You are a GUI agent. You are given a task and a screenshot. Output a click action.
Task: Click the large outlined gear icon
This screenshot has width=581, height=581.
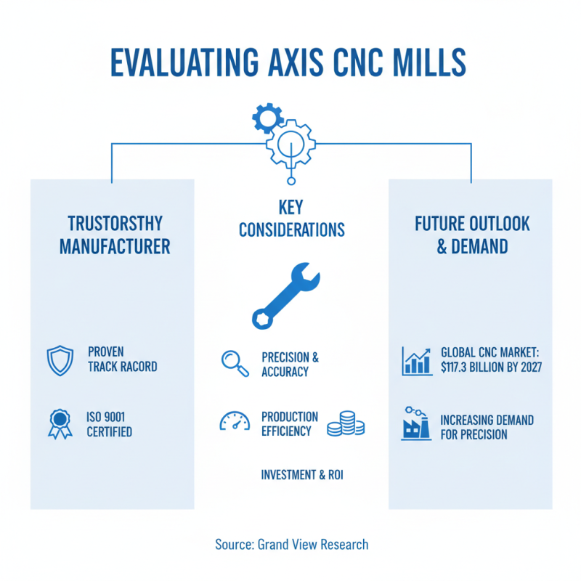(x=290, y=142)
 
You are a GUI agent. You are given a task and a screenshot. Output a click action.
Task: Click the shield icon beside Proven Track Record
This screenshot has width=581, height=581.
(x=60, y=359)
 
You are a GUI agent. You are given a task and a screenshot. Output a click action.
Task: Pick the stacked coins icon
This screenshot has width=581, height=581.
(x=345, y=423)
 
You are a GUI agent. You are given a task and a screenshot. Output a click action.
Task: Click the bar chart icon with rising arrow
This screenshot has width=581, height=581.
(x=417, y=359)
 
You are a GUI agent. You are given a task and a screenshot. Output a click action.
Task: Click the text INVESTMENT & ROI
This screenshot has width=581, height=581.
(x=302, y=475)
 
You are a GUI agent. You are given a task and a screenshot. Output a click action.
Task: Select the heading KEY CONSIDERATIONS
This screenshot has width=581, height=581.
(x=291, y=219)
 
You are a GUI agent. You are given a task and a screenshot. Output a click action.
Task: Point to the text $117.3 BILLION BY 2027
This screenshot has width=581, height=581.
(x=491, y=367)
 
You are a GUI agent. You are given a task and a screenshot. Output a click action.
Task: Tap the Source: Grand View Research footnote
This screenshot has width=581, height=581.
(x=291, y=544)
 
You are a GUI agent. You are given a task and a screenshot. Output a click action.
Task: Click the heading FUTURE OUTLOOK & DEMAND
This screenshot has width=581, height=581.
(x=472, y=234)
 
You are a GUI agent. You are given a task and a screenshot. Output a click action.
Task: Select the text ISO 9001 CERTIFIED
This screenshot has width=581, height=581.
(x=110, y=424)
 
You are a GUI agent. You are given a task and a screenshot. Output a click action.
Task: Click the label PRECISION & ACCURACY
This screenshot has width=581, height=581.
(x=290, y=365)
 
